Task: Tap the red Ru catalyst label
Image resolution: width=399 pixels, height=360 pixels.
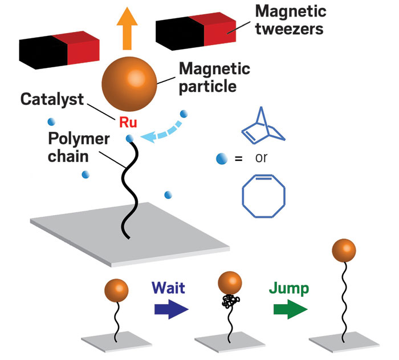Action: (x=127, y=122)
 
